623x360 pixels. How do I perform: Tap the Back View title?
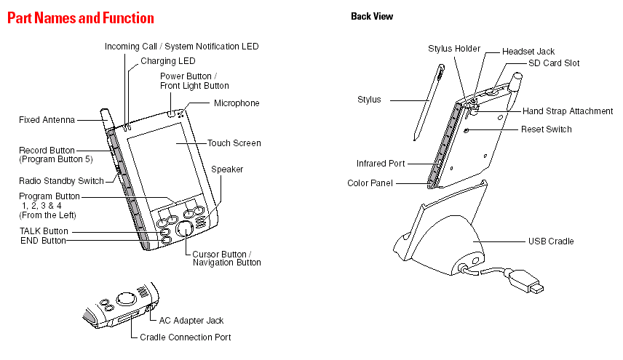371,16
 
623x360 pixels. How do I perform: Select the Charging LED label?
167,61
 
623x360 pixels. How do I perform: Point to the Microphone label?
237,103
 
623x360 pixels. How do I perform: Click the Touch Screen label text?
234,143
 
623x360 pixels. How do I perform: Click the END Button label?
43,241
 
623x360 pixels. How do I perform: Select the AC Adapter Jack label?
191,320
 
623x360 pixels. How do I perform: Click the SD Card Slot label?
554,63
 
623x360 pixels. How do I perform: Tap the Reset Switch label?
546,129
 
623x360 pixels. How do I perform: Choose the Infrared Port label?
381,164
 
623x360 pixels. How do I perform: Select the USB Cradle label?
551,241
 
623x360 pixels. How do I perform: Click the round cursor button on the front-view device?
185,229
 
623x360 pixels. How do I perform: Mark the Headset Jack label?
528,52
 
